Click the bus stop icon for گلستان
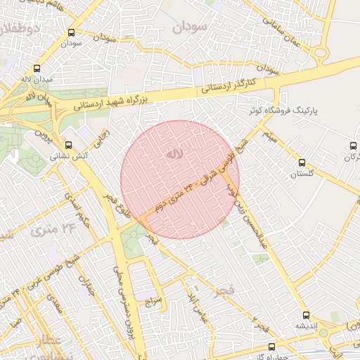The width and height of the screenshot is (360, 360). pyautogui.click(x=302, y=162)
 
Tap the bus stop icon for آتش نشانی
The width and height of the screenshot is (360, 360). pyautogui.click(x=68, y=145)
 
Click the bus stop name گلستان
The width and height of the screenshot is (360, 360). pyautogui.click(x=302, y=173)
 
